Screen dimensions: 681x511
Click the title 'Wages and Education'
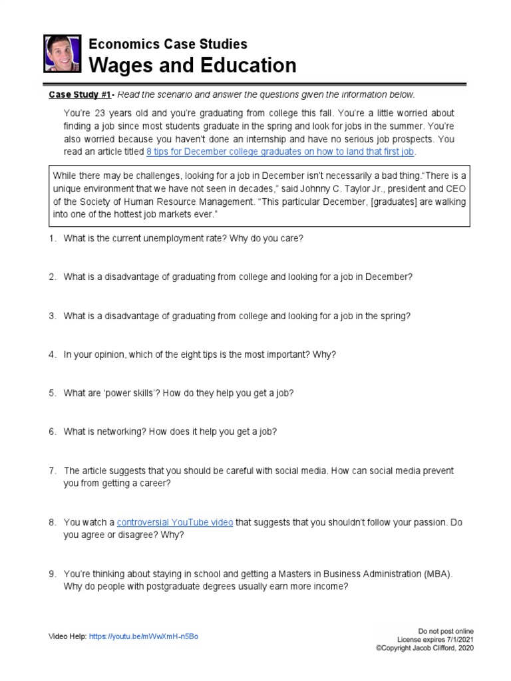pyautogui.click(x=193, y=65)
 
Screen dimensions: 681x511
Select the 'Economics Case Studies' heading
pyautogui.click(x=168, y=44)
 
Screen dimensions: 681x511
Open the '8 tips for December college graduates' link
pyautogui.click(x=280, y=152)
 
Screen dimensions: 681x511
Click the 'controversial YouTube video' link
pyautogui.click(x=175, y=523)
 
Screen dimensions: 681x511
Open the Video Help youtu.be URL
pyautogui.click(x=143, y=636)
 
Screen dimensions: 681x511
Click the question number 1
pyautogui.click(x=52, y=238)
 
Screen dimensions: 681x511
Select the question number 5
pyautogui.click(x=52, y=393)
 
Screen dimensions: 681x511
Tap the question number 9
pyautogui.click(x=52, y=574)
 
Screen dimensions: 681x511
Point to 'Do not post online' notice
pyautogui.click(x=446, y=630)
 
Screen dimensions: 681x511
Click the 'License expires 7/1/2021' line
pyautogui.click(x=435, y=638)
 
